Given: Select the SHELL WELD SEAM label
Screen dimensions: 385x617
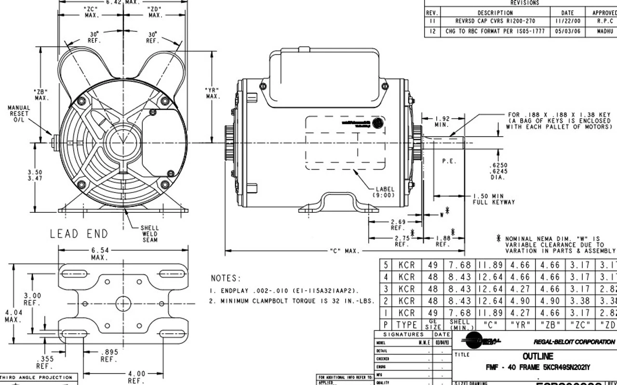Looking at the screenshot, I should [149, 234].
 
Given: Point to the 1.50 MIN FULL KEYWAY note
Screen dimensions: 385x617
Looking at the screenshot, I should [493, 199].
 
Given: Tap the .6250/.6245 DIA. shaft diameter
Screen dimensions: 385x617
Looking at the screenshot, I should [497, 171].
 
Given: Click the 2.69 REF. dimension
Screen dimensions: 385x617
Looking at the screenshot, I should [398, 224].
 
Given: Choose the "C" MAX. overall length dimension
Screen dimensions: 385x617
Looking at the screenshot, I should [343, 251].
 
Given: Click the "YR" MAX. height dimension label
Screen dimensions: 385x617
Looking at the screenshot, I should [212, 93].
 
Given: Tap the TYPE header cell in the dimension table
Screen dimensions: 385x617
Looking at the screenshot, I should [406, 325].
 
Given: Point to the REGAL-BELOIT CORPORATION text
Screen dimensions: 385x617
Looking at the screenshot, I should [574, 342].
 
